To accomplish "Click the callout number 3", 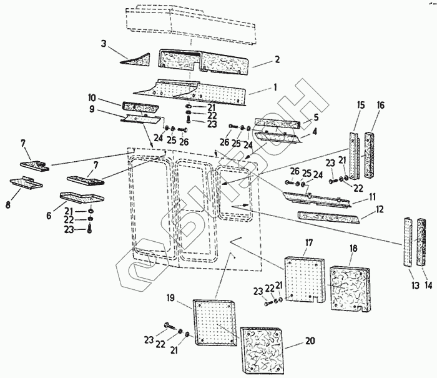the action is click(104, 44).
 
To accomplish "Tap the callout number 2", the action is click(277, 59).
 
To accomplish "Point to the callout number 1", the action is click(275, 87).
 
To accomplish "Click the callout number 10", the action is click(92, 98).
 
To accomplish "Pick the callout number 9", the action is click(92, 109).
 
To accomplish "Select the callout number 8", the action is click(7, 205).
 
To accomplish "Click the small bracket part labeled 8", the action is click(26, 182).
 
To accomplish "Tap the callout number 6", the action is click(49, 216).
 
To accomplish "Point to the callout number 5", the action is click(316, 117).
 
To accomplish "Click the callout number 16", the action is click(380, 106).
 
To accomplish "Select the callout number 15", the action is click(361, 105).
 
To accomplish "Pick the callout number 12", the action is click(380, 209).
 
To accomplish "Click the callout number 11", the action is click(373, 197).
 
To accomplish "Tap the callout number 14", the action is click(428, 285).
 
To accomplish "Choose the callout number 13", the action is click(415, 286).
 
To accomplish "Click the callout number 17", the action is click(309, 242).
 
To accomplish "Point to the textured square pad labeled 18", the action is click(350, 289).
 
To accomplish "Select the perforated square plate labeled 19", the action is click(214, 322).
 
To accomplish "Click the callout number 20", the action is click(310, 341).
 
